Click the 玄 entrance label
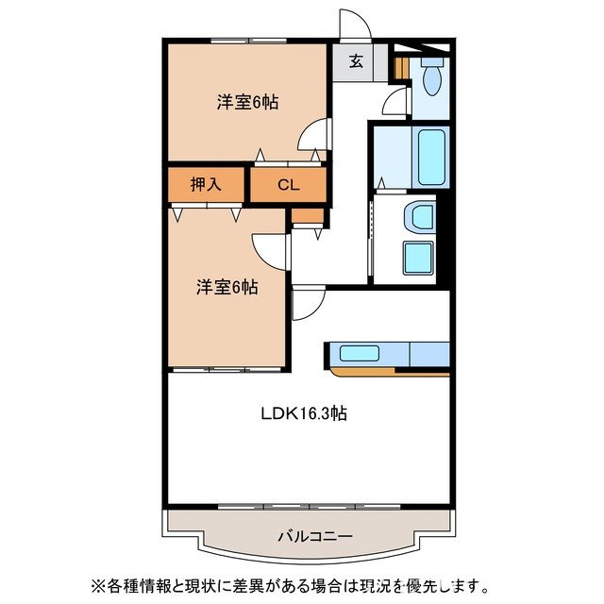click(x=356, y=62)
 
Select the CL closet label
click(x=288, y=186)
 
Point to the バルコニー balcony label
click(x=314, y=536)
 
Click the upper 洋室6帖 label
click(x=246, y=102)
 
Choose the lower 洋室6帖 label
click(x=226, y=287)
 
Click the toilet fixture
click(x=433, y=79)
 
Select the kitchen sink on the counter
click(x=360, y=354)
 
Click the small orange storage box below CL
click(x=307, y=215)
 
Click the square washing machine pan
click(x=416, y=258)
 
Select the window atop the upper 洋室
click(x=248, y=40)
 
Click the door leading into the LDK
click(x=308, y=304)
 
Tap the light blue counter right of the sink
click(x=429, y=354)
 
